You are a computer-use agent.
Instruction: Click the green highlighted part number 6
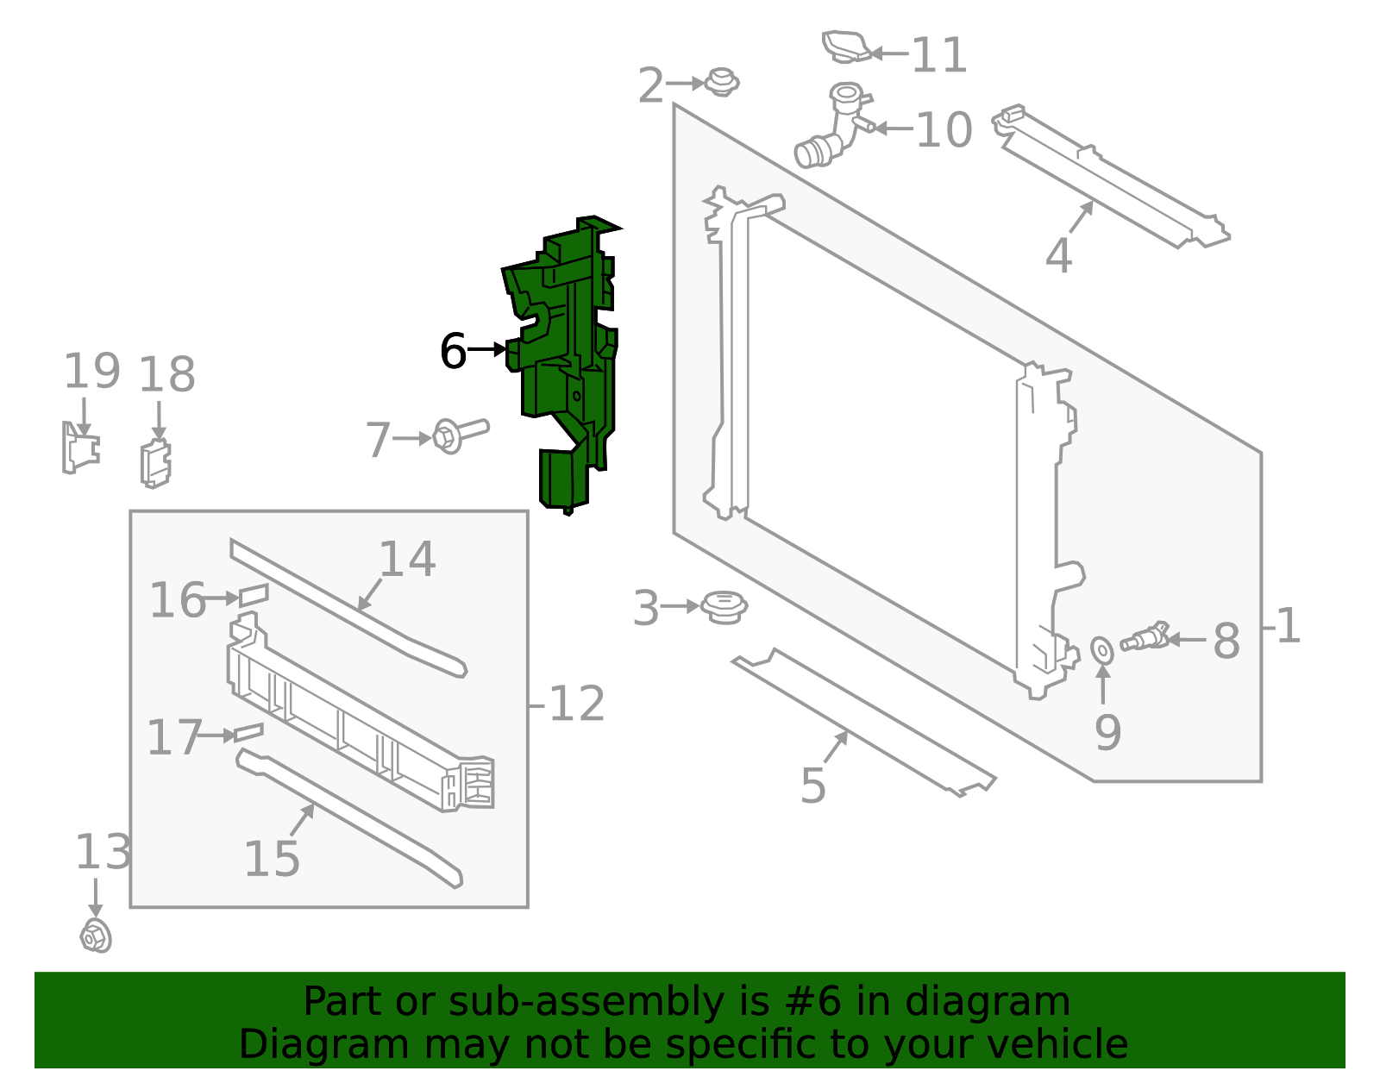(x=569, y=362)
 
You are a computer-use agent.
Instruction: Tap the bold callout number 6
(x=453, y=351)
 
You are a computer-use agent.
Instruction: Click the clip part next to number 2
(x=721, y=83)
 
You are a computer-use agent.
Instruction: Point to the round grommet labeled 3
(x=724, y=607)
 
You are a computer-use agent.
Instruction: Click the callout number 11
(x=939, y=55)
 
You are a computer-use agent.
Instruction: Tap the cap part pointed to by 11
(x=845, y=47)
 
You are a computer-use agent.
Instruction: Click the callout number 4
(x=1058, y=256)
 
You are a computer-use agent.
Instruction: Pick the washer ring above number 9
(x=1102, y=650)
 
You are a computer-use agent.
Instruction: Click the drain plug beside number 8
(x=1144, y=638)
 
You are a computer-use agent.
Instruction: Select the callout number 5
(x=812, y=786)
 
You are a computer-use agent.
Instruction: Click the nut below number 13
(x=96, y=936)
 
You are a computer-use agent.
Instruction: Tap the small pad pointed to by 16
(x=254, y=594)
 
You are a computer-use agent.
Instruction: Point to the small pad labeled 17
(x=248, y=732)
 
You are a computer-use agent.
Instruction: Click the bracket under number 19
(x=80, y=448)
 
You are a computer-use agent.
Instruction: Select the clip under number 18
(x=156, y=464)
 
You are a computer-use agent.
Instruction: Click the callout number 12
(x=576, y=704)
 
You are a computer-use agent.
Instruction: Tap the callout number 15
(x=272, y=859)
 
